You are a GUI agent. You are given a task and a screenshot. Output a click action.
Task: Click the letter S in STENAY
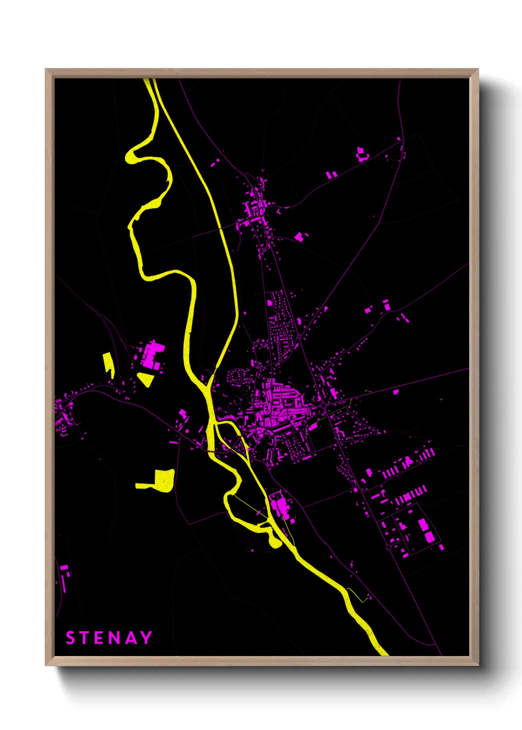70,638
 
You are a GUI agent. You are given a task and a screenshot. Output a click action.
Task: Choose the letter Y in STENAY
145,638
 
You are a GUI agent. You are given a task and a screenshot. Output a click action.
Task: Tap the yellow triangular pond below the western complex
146,379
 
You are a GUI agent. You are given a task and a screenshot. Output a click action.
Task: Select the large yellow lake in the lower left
161,480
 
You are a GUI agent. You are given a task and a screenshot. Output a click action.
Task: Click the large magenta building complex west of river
151,354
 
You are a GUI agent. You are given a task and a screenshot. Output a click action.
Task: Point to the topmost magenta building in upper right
361,153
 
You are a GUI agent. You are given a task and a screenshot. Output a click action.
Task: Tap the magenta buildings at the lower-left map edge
64,574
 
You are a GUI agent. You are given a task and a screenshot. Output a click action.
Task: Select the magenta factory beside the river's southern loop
280,505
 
